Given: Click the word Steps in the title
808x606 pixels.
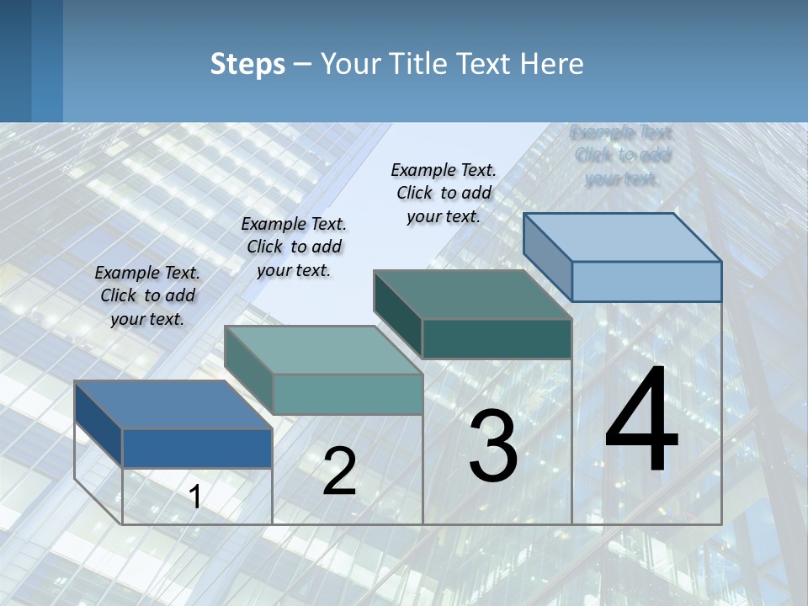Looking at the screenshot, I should tap(247, 64).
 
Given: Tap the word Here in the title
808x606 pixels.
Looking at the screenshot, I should tap(550, 64).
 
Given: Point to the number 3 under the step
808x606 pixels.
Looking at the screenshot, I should tap(493, 446).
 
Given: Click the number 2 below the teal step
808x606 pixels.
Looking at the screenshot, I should tap(339, 471).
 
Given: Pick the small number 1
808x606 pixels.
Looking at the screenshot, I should tap(194, 497).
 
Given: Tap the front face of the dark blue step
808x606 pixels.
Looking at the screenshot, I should tap(197, 448).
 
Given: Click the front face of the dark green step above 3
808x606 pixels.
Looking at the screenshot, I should tap(497, 338).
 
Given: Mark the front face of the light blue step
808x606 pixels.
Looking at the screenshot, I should tap(646, 281).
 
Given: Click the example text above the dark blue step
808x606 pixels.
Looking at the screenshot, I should tap(147, 295).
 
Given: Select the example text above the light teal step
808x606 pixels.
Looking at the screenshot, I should tap(294, 247).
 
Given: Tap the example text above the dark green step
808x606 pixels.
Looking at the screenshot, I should tap(444, 193).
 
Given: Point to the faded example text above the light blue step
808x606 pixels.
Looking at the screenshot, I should tap(622, 155).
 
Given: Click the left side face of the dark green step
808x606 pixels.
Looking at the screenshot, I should tap(397, 314).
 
